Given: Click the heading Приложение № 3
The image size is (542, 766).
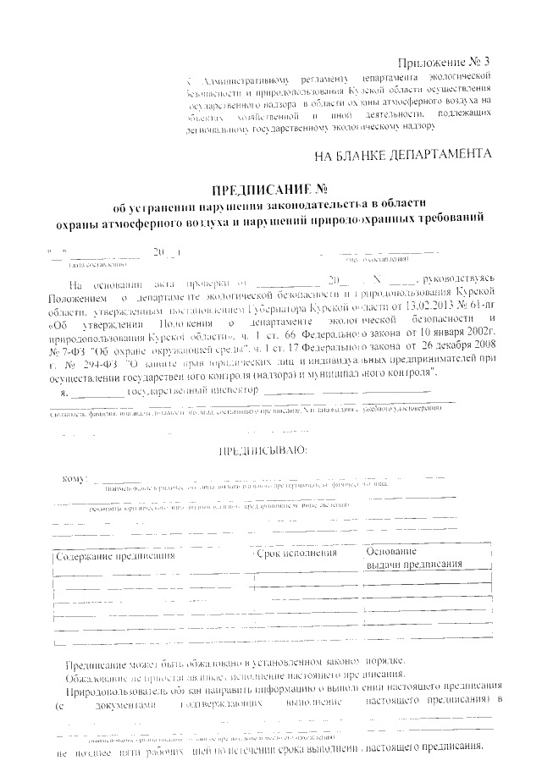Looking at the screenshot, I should [444, 63].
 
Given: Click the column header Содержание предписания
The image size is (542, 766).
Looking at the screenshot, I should [115, 556].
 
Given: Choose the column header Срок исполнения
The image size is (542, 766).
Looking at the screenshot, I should [296, 553].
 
